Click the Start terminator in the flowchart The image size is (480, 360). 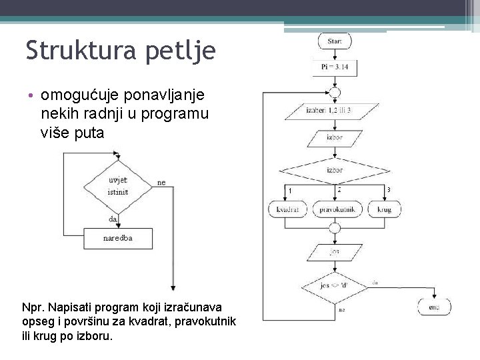(x=335, y=41)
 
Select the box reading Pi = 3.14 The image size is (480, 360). (x=335, y=67)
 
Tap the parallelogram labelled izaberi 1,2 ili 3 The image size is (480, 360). (x=335, y=109)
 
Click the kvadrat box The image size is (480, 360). (x=287, y=209)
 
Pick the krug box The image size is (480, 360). (x=384, y=209)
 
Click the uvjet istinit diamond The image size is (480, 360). (x=118, y=186)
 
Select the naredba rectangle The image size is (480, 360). (x=118, y=238)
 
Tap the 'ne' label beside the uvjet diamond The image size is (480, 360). (x=162, y=182)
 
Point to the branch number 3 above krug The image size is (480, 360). (x=389, y=191)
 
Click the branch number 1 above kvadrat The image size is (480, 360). (x=289, y=192)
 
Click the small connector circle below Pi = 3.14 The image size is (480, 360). (x=335, y=93)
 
